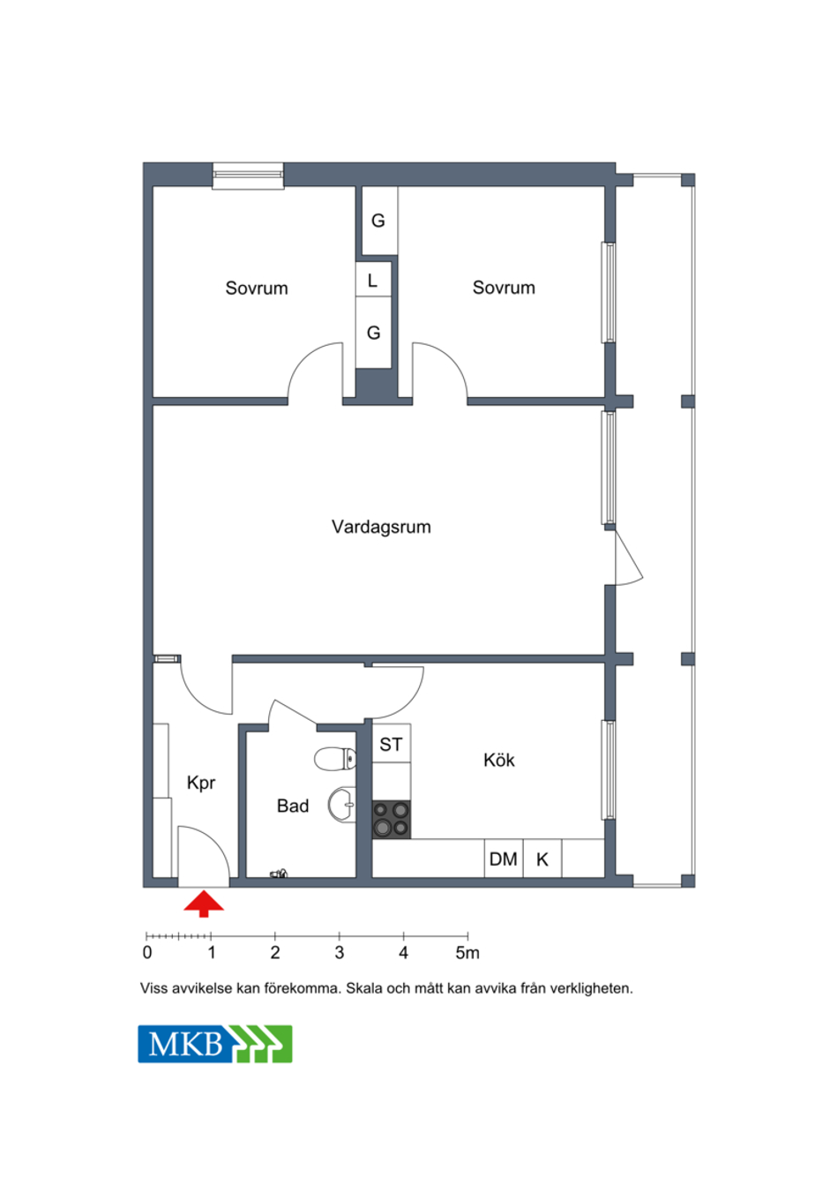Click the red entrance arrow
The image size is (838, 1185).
tap(204, 903)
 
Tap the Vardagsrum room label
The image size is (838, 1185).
tap(381, 527)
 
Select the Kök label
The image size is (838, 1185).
tap(498, 761)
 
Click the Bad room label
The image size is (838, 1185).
tap(292, 806)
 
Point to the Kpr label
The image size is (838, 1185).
tap(201, 783)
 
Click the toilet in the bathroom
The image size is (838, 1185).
tap(335, 759)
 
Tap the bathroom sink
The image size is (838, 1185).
tap(341, 805)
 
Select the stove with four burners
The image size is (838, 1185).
tap(392, 820)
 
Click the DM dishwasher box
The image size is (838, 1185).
tap(504, 859)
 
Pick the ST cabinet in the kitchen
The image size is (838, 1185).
tap(392, 745)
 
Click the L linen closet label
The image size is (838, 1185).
tap(373, 281)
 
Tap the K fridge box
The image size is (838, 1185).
tap(542, 859)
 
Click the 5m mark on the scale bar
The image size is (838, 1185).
tap(468, 953)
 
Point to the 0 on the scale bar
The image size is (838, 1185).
tap(147, 953)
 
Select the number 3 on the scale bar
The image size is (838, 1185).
tap(340, 953)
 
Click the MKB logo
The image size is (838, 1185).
tap(215, 1044)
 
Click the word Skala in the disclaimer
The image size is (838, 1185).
tap(364, 988)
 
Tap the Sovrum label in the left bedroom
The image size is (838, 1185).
tap(257, 289)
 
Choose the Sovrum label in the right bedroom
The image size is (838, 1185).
tap(504, 288)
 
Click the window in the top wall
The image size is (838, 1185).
tap(248, 176)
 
